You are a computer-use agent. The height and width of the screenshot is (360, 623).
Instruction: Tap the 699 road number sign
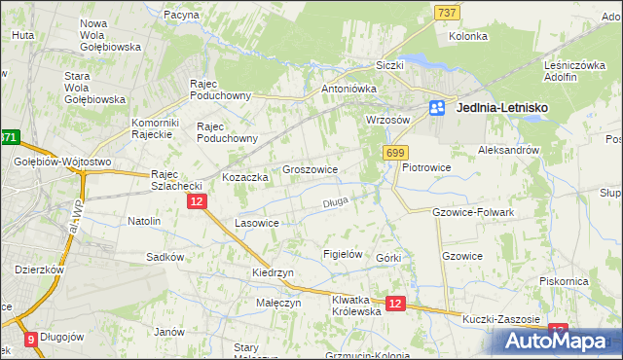[x=395, y=153]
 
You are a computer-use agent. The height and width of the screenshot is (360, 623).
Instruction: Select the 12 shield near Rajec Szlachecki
[x=196, y=200]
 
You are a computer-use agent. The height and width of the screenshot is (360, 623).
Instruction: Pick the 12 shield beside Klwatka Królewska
[x=394, y=304]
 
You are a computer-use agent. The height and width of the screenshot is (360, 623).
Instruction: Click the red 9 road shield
[x=30, y=340]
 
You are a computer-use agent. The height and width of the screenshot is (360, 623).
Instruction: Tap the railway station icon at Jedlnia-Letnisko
[x=438, y=109]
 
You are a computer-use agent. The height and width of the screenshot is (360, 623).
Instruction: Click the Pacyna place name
[x=182, y=16]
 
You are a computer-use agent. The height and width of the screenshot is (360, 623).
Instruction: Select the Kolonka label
[x=467, y=36]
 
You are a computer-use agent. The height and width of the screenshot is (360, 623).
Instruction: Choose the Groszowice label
[x=310, y=169]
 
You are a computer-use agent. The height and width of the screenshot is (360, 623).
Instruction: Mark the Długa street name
[x=335, y=202]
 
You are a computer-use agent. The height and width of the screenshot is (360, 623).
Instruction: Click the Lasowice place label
[x=258, y=223]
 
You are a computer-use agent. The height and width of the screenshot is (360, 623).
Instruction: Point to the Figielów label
[x=343, y=254]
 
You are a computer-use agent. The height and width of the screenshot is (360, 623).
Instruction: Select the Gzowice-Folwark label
[x=472, y=211]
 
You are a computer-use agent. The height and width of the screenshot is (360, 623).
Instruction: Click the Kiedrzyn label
[x=273, y=273]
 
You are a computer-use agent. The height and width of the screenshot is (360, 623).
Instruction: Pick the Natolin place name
[x=144, y=221]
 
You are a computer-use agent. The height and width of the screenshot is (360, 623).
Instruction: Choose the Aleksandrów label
[x=508, y=151]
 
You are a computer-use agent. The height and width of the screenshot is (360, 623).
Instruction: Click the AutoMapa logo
[x=555, y=340]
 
